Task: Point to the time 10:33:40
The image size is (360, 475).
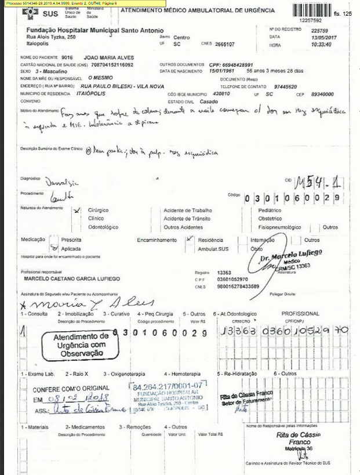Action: click(322, 44)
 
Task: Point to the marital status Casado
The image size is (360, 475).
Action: click(217, 100)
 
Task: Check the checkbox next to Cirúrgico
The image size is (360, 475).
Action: click(78, 211)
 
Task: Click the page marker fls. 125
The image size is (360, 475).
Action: click(344, 13)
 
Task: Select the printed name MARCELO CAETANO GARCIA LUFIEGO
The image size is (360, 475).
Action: click(71, 279)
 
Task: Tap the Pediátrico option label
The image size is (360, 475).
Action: click(270, 210)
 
